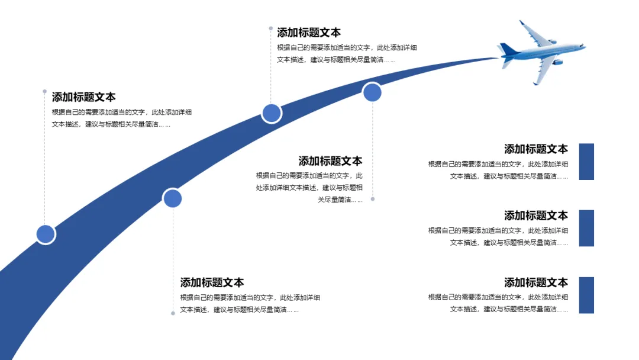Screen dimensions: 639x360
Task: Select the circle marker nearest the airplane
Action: (x=372, y=92)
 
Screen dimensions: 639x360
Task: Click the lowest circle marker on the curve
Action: (x=46, y=234)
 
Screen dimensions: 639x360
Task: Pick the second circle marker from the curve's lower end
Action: (x=172, y=198)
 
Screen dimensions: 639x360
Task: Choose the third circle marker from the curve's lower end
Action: (x=272, y=113)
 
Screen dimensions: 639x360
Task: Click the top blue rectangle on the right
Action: (x=586, y=162)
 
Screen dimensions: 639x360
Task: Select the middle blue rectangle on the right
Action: (x=586, y=228)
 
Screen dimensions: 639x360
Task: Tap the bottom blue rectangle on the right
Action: (x=586, y=295)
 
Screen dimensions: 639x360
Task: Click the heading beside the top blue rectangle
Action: (x=535, y=149)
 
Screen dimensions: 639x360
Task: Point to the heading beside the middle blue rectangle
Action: (x=535, y=216)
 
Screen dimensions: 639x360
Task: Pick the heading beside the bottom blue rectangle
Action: (x=535, y=282)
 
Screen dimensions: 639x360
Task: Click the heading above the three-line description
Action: (x=330, y=161)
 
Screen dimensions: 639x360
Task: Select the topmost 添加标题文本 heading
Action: (x=309, y=33)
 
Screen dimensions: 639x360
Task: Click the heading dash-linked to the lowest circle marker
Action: (x=83, y=97)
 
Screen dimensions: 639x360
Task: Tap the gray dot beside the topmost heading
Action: (x=271, y=28)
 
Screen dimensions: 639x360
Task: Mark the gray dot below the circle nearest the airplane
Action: (x=373, y=199)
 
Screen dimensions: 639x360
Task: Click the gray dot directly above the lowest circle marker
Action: (x=44, y=91)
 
